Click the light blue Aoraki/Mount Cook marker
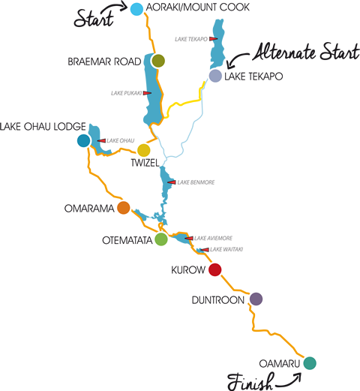click(x=136, y=9)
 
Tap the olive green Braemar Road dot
click(x=158, y=61)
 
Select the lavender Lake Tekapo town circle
click(x=215, y=76)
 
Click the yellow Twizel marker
click(x=144, y=150)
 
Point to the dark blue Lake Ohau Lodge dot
click(x=84, y=140)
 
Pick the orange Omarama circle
click(x=123, y=208)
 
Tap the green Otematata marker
click(x=161, y=239)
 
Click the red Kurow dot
click(x=215, y=269)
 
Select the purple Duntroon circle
click(x=256, y=299)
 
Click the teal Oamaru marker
click(x=310, y=363)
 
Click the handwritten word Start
click(x=94, y=18)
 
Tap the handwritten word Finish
click(x=250, y=381)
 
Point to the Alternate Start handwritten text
click(x=306, y=52)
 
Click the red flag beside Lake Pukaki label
click(x=147, y=93)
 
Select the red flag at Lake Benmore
click(x=172, y=182)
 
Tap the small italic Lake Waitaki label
click(x=226, y=249)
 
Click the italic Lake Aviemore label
click(x=213, y=238)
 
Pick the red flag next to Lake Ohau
click(x=101, y=141)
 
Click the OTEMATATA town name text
click(x=127, y=240)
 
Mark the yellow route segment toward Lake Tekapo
click(x=182, y=103)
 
